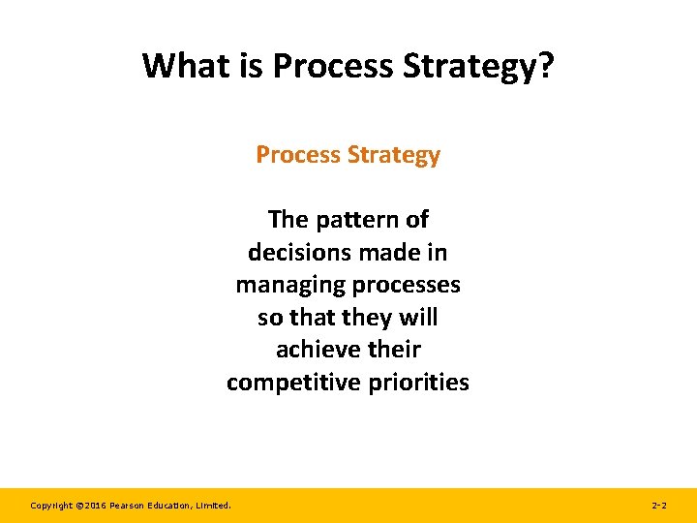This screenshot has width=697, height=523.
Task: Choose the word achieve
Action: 314,350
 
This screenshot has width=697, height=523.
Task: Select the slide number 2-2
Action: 658,506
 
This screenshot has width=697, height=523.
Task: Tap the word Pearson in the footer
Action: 128,506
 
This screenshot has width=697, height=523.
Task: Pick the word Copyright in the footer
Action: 51,506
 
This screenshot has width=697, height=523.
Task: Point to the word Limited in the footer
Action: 214,506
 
